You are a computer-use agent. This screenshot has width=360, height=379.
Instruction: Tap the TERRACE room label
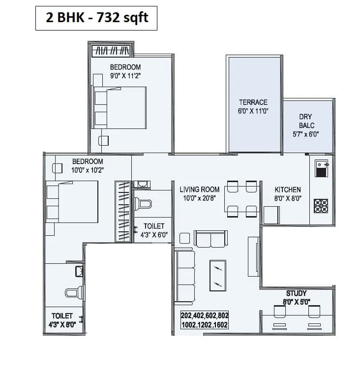[x=253, y=102]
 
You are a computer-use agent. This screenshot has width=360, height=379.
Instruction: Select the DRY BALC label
[x=305, y=121]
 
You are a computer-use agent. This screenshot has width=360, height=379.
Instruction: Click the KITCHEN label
[x=288, y=189]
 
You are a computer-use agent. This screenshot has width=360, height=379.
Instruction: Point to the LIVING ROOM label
[x=199, y=189]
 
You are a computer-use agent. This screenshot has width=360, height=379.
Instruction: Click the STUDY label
[x=296, y=293]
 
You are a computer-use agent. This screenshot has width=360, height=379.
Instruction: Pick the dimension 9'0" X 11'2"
[x=125, y=76]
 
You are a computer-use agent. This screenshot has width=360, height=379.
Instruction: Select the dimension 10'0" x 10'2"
[x=88, y=170]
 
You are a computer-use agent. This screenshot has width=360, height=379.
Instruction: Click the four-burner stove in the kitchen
[x=321, y=206]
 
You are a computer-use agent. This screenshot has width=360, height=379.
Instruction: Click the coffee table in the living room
[x=217, y=276]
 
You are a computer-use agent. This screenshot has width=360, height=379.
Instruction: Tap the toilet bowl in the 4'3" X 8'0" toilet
[x=72, y=293]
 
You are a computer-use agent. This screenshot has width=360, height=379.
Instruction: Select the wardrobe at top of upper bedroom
[x=112, y=51]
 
